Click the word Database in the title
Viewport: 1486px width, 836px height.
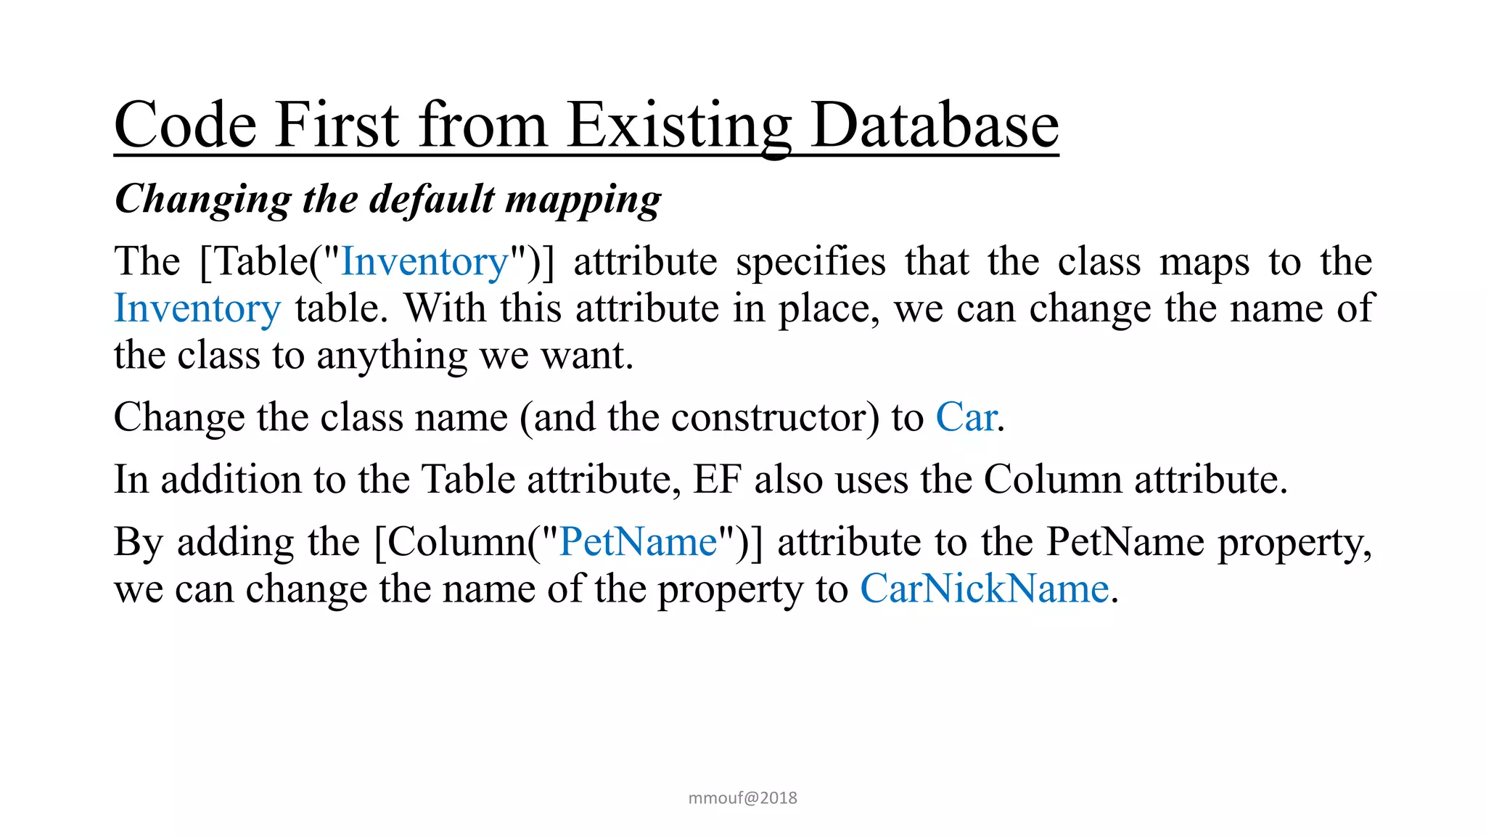coord(935,126)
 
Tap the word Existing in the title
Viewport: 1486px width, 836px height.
coord(678,126)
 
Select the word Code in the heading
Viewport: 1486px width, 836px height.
coord(185,126)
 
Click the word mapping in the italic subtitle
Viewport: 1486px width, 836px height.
coord(583,200)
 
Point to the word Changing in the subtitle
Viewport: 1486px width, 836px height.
coord(202,200)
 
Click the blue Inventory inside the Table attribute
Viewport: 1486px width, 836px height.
coord(425,262)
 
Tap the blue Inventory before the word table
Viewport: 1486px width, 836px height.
coord(197,308)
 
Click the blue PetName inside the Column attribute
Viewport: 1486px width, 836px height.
coord(639,542)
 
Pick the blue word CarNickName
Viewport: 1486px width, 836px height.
coord(985,589)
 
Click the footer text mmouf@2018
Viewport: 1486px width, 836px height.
coord(742,798)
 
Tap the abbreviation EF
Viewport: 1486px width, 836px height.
coord(717,480)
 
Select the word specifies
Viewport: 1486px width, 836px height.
coord(810,262)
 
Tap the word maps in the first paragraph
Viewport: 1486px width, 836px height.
coord(1204,262)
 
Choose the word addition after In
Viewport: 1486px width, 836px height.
coord(231,480)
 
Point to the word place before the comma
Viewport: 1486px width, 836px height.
coord(826,310)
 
